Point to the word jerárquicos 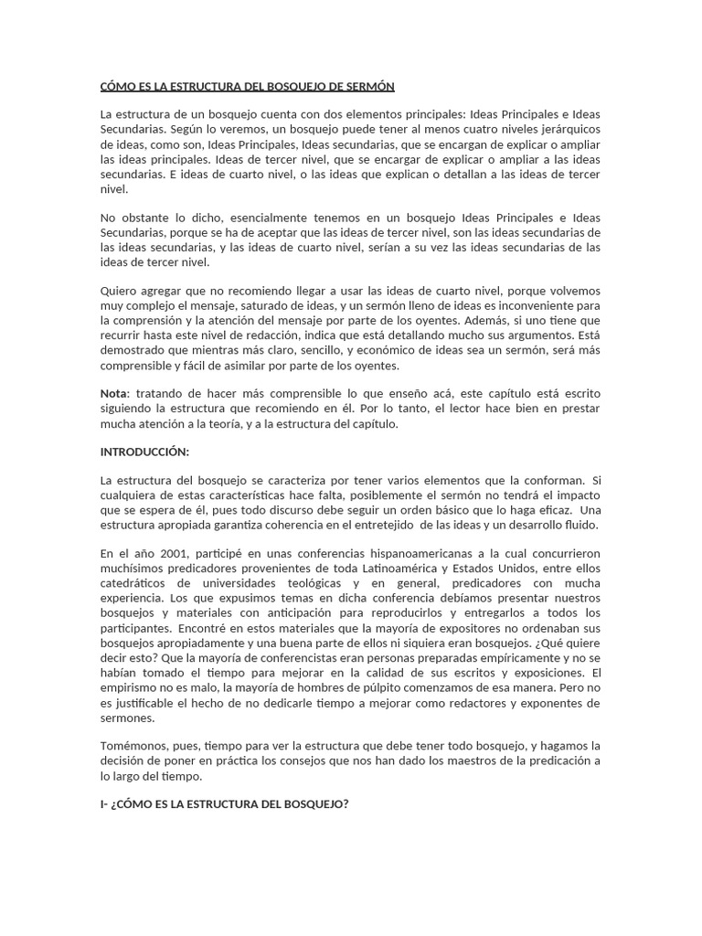pyautogui.click(x=564, y=130)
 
